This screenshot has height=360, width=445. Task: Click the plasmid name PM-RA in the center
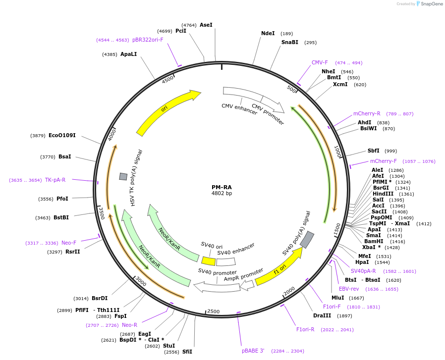pos(222,187)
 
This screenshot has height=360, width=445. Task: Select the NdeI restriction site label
pos(268,33)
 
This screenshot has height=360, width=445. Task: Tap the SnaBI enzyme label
pos(289,42)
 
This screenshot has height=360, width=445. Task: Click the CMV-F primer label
pos(320,62)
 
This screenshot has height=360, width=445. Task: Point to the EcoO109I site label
pos(62,135)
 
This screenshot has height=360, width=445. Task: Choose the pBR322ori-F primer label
pos(148,40)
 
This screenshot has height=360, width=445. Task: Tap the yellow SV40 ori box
pos(208,260)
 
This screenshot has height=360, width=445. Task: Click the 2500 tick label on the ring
pos(213,311)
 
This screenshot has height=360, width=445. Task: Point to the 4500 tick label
pos(167,79)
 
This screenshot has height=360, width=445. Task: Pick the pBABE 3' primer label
pos(253,351)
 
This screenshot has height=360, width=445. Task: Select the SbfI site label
pos(373,151)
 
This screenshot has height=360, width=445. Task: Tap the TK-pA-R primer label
pos(55,180)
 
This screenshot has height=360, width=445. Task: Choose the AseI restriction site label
pos(206,25)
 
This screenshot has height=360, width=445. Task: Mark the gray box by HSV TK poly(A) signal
pos(123,176)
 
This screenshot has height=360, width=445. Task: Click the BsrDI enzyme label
pos(100,298)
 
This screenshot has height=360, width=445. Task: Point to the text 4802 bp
pos(222,193)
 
